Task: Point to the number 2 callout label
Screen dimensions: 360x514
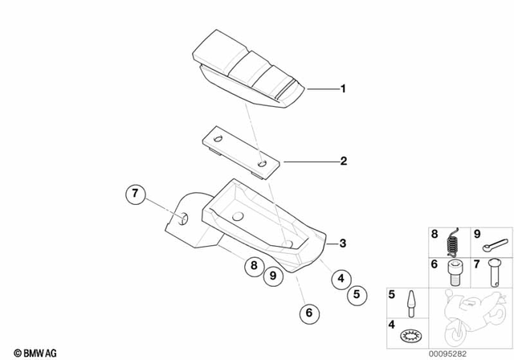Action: pyautogui.click(x=343, y=162)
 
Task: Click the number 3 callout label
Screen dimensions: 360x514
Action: pyautogui.click(x=343, y=243)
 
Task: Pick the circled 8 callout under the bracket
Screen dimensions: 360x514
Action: pyautogui.click(x=254, y=265)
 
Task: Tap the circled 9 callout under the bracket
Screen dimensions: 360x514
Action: pyautogui.click(x=272, y=276)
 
